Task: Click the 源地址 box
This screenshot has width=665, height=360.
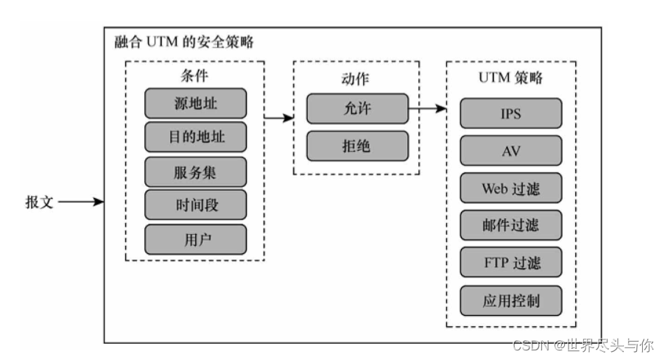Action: click(195, 103)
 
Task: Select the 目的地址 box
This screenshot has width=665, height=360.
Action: click(195, 138)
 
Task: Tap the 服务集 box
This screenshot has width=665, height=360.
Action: click(195, 172)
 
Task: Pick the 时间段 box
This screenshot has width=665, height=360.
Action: click(195, 205)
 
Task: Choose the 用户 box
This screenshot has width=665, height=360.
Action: click(195, 239)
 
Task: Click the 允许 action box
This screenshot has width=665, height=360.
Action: click(357, 109)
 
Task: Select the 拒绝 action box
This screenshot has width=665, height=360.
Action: click(357, 146)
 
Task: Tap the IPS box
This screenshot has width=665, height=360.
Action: click(511, 114)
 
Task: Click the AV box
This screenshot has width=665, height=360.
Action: click(511, 151)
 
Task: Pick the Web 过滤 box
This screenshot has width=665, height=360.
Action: click(511, 188)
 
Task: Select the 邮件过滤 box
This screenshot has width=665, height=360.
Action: click(511, 225)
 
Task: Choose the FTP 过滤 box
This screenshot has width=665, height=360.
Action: click(511, 263)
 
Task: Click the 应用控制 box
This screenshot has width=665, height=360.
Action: click(511, 301)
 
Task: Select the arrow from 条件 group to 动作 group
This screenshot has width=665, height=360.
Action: click(278, 117)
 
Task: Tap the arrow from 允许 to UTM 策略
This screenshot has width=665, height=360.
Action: click(427, 109)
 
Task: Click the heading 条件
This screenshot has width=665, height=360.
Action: click(194, 75)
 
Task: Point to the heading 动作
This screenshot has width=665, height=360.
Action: click(356, 77)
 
